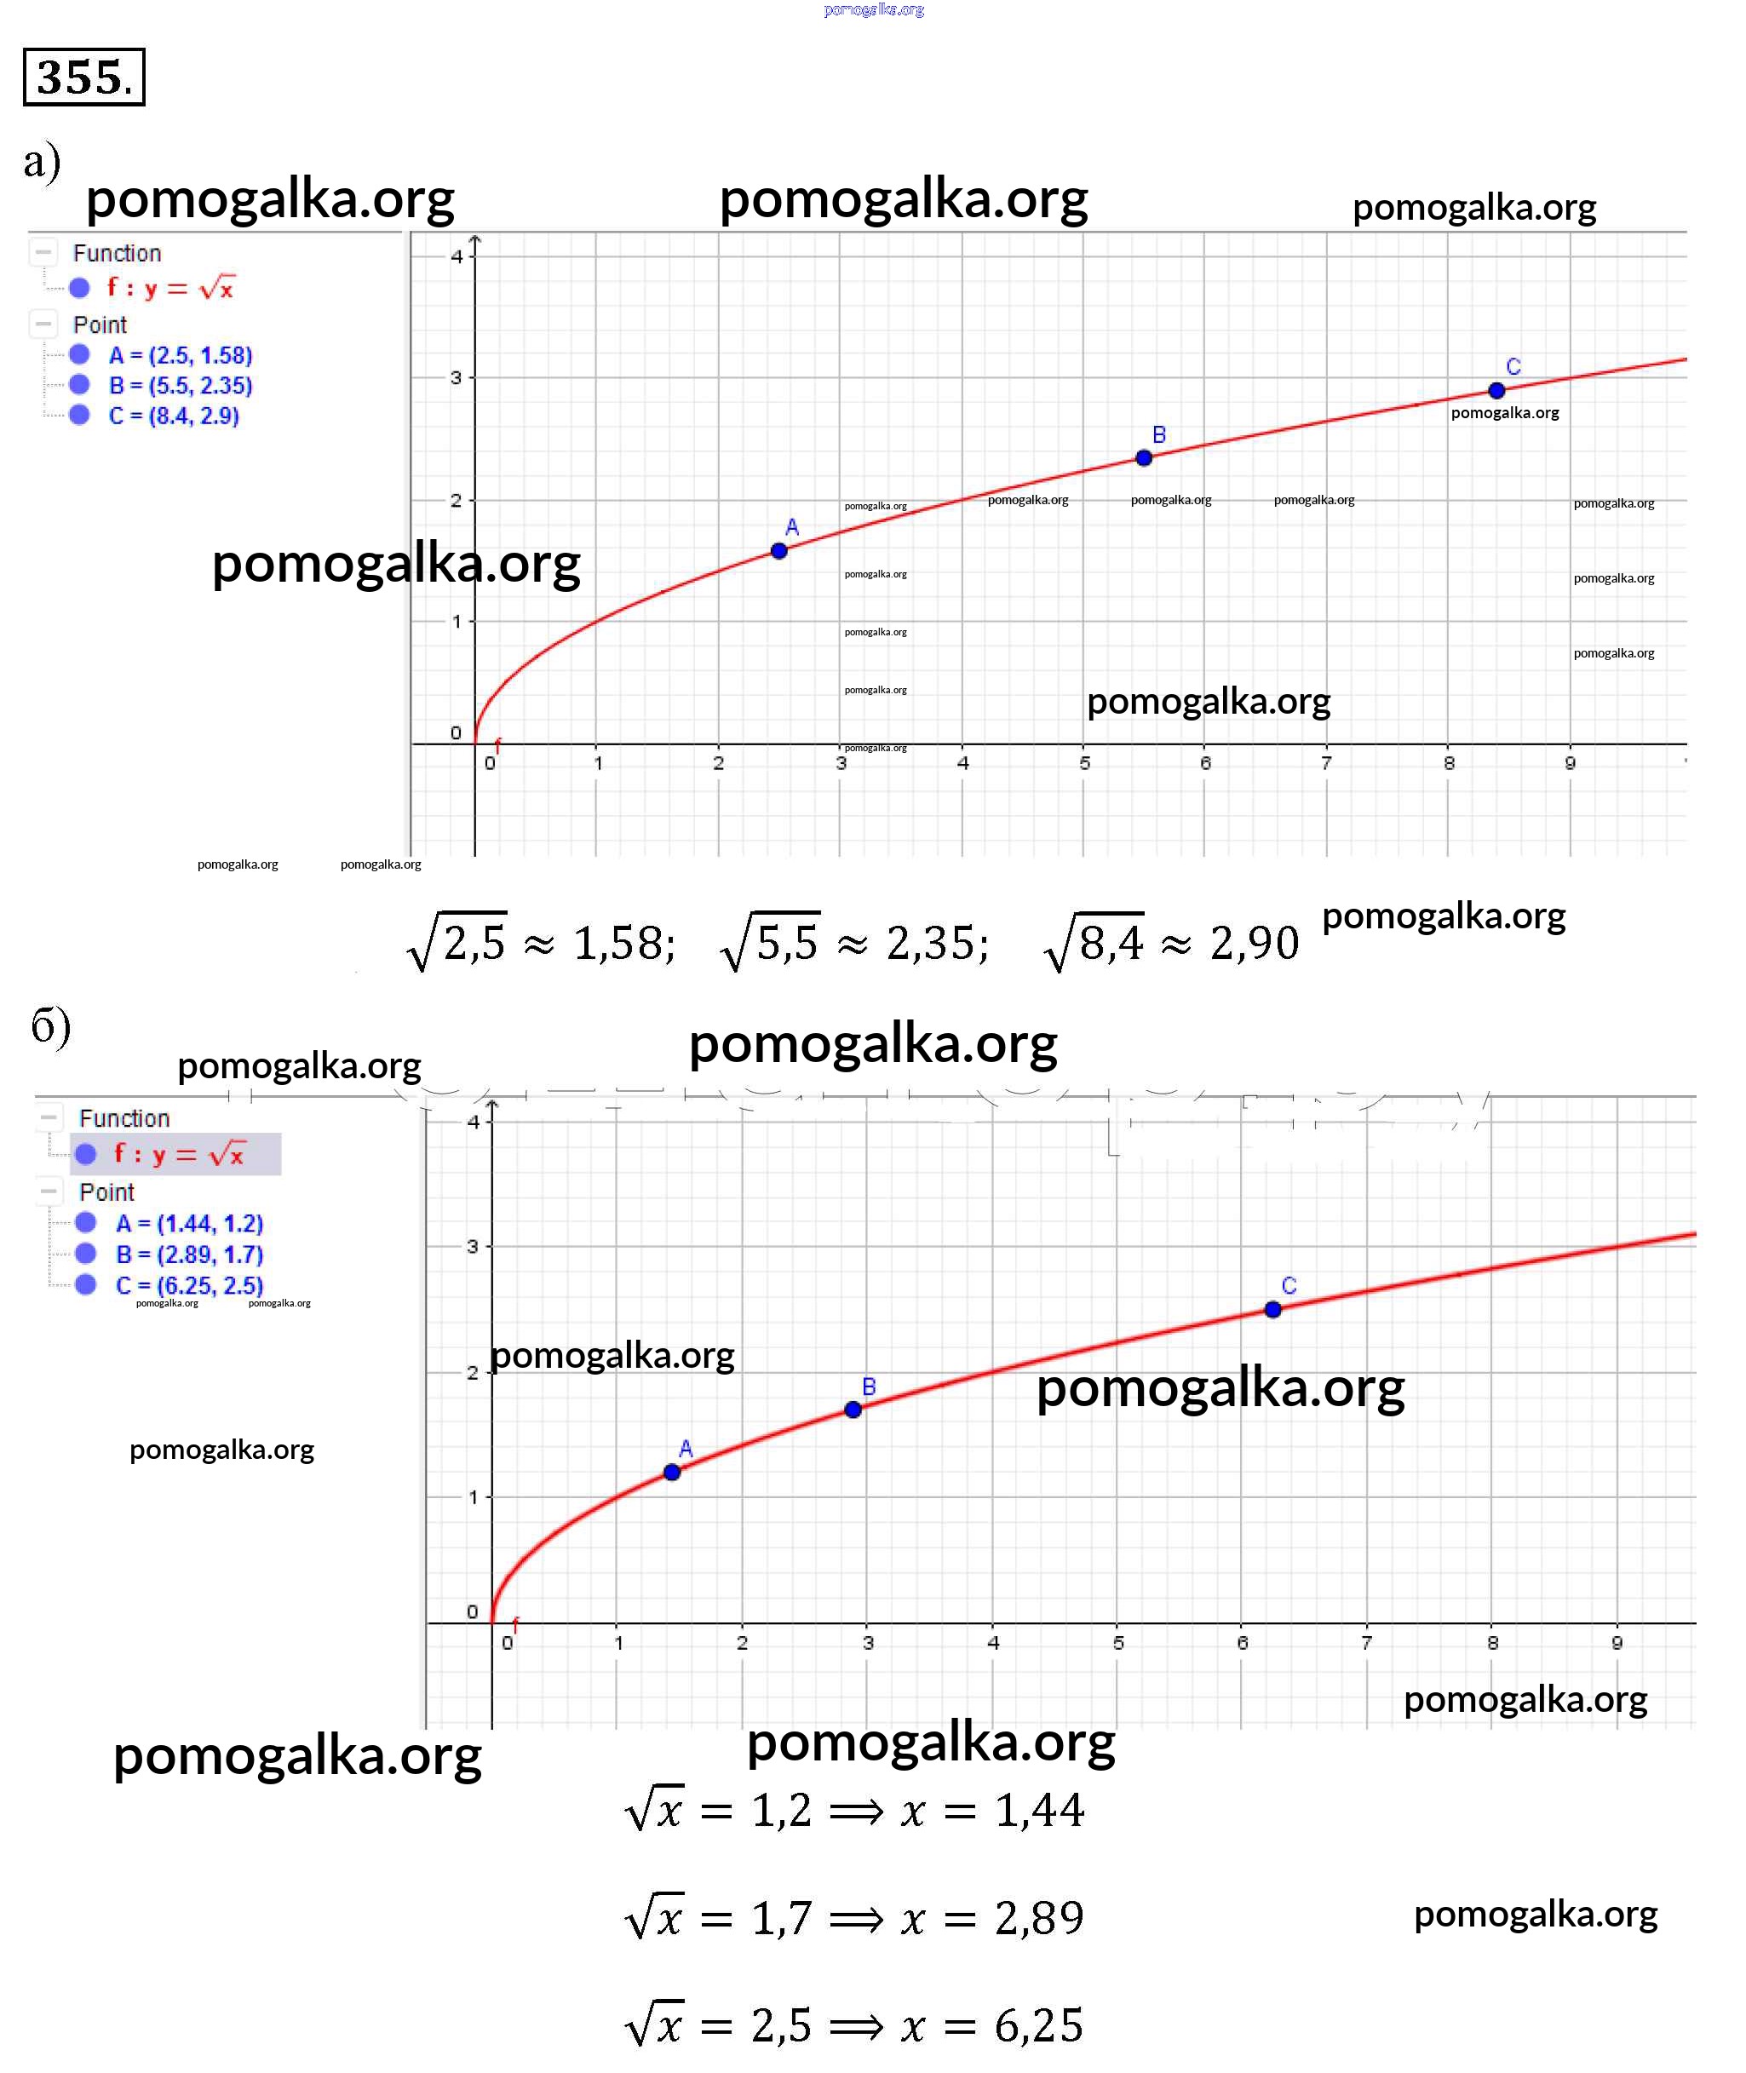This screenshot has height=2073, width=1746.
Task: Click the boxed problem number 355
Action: (83, 78)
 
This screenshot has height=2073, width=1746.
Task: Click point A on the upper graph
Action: (779, 551)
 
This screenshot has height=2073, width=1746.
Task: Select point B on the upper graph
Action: (1143, 458)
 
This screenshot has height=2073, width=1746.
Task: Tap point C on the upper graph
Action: (1496, 391)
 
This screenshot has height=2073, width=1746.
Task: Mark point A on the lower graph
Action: (672, 1473)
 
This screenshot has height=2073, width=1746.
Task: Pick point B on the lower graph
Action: (853, 1410)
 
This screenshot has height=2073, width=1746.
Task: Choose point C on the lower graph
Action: (1273, 1310)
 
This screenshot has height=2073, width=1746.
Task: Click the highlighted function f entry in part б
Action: (178, 1154)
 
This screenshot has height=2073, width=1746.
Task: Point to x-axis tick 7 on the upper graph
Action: (1326, 763)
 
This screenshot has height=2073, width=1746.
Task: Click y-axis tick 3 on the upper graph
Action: (457, 378)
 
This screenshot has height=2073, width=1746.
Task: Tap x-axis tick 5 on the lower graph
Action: (1118, 1643)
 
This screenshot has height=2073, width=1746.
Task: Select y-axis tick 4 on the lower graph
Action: (473, 1122)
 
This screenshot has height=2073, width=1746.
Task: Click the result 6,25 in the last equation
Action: (1038, 2024)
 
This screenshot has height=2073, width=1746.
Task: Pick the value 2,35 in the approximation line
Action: (936, 943)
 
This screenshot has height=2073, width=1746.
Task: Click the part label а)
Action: (42, 161)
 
